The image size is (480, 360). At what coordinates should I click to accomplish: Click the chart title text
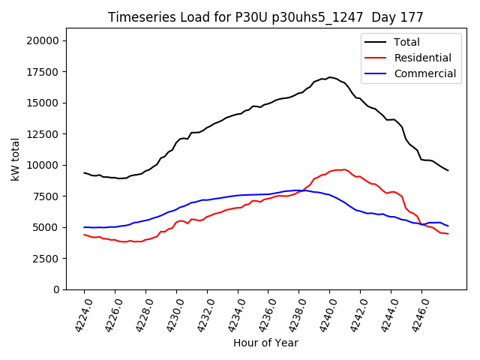click(265, 17)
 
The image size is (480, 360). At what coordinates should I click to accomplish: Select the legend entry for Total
click(406, 42)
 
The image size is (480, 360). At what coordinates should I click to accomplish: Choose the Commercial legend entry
click(424, 73)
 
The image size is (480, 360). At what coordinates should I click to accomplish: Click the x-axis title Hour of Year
click(265, 343)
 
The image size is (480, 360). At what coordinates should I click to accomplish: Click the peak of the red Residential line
click(344, 169)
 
